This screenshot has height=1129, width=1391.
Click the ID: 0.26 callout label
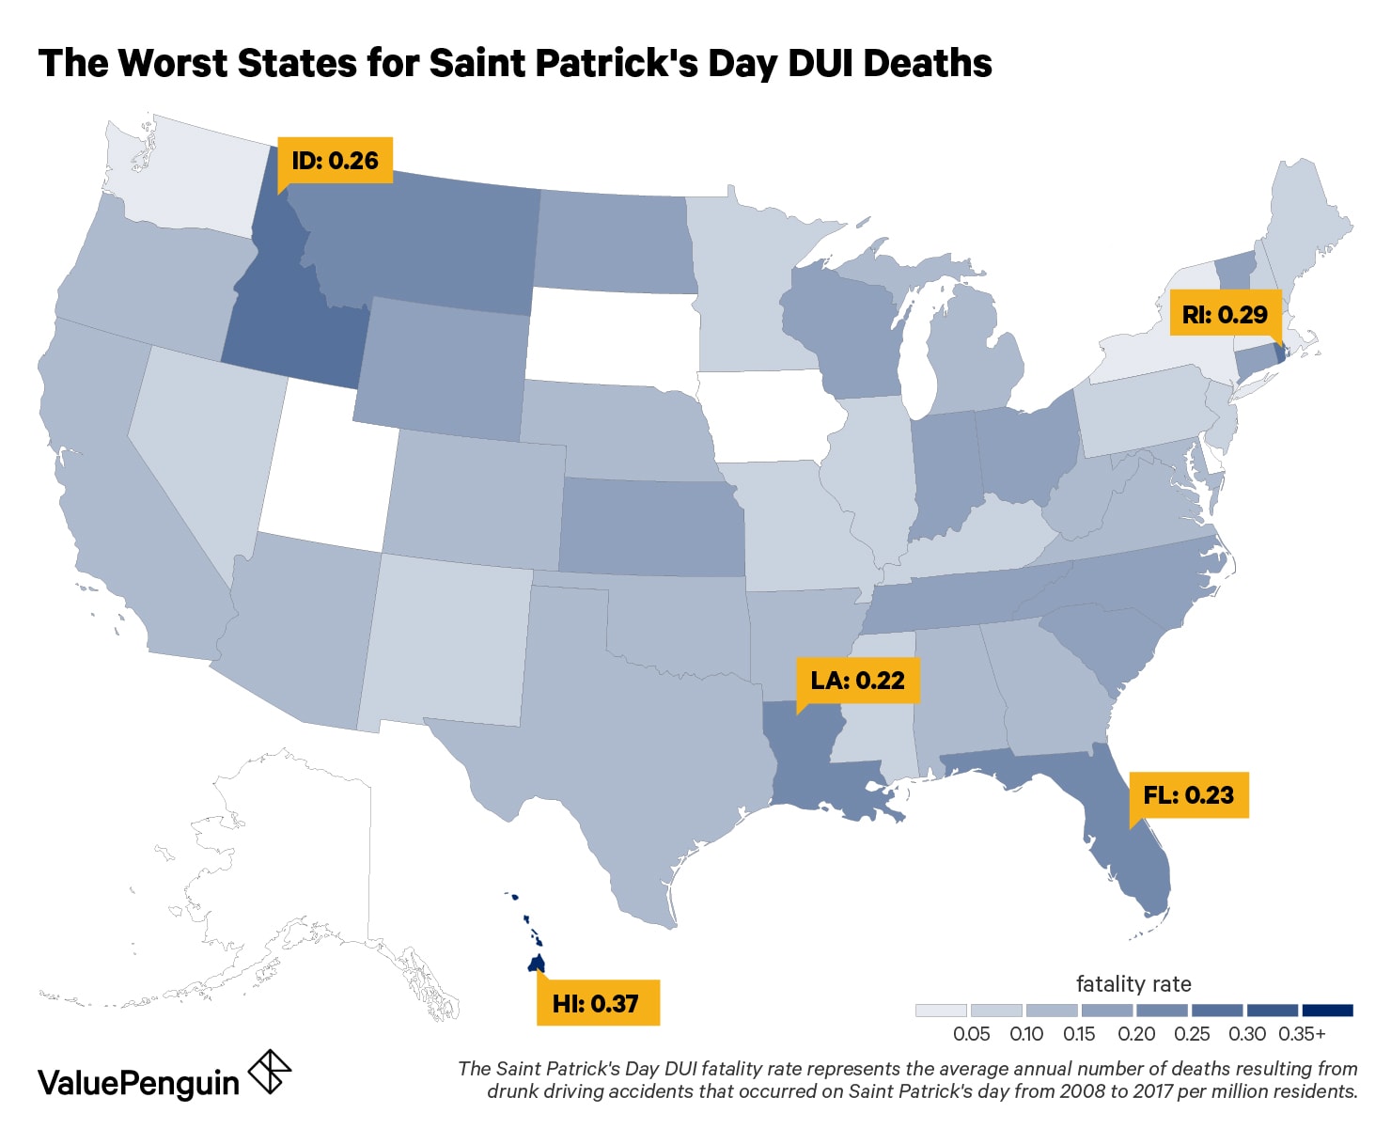[335, 160]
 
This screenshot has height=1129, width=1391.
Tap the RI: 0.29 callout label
[1225, 315]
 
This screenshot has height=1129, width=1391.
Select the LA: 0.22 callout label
[857, 681]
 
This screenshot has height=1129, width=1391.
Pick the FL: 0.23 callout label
[1188, 795]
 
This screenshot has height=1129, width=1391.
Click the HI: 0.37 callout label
[596, 1003]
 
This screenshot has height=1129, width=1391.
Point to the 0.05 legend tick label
[971, 1034]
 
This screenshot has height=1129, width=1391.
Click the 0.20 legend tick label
[1136, 1034]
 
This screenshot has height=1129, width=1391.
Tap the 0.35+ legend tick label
[1302, 1034]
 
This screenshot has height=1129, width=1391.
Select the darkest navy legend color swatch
[1327, 1011]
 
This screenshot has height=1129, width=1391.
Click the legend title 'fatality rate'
[1133, 984]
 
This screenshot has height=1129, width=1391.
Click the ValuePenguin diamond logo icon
[269, 1073]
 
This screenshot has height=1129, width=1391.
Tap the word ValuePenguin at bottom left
[138, 1083]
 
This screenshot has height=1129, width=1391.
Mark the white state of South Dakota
[611, 338]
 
